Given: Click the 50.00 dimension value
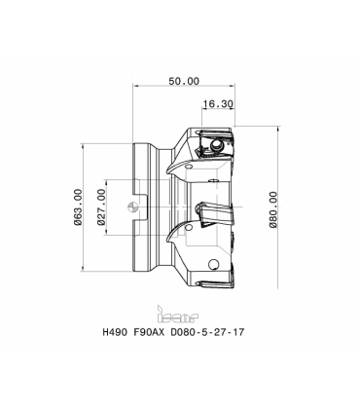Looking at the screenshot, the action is click(184, 81).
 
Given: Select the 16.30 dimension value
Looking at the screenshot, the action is click(218, 104).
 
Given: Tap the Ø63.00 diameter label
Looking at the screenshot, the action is click(77, 206).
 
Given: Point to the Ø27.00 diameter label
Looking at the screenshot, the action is click(101, 207).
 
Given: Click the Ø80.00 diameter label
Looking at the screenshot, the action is click(273, 209).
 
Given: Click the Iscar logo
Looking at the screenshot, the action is click(178, 315).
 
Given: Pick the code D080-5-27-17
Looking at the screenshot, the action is click(207, 332).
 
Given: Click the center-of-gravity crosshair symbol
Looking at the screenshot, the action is click(132, 206).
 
